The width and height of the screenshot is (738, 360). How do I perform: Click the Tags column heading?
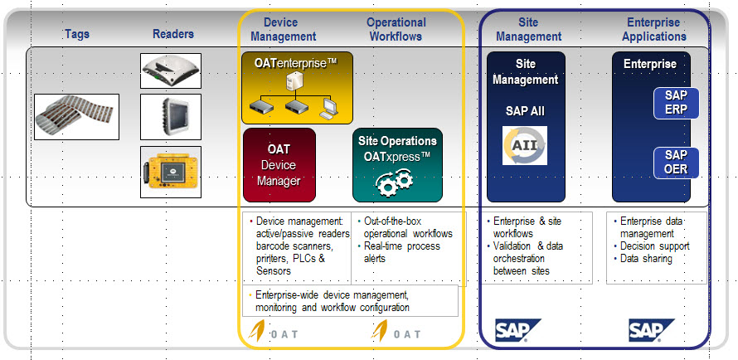(x=77, y=34)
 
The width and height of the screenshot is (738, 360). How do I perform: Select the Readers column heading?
(x=173, y=34)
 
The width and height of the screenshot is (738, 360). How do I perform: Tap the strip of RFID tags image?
(x=76, y=116)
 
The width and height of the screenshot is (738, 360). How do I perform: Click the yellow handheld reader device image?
(x=171, y=172)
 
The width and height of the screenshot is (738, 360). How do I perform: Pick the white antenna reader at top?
(x=171, y=71)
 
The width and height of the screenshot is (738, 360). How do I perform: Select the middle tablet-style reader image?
(x=171, y=117)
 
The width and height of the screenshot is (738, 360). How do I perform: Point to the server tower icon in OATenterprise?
(x=294, y=82)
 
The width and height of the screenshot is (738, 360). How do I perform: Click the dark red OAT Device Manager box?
(x=279, y=164)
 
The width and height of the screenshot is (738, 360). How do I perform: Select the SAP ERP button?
(x=675, y=103)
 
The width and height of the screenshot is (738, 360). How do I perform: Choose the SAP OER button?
(x=675, y=162)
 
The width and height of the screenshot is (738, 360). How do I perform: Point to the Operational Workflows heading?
(x=396, y=29)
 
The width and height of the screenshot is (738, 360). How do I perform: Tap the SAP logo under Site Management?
(x=517, y=331)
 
